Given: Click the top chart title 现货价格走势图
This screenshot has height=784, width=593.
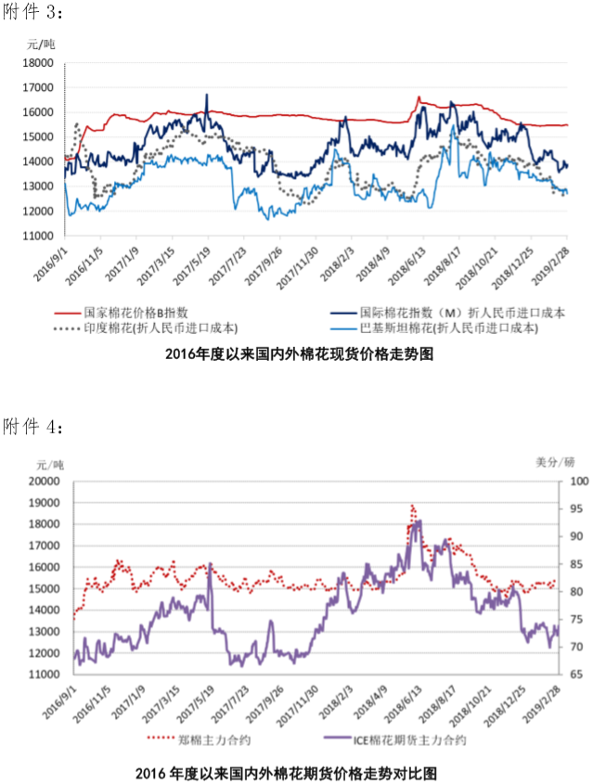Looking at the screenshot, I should (x=299, y=353).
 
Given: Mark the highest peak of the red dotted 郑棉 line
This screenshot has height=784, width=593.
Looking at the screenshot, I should (x=411, y=506).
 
